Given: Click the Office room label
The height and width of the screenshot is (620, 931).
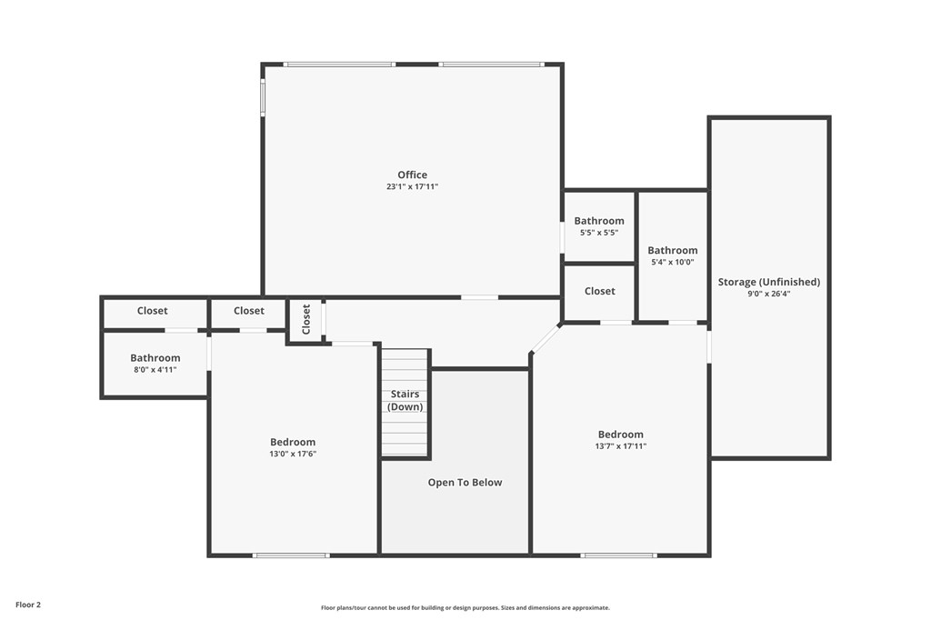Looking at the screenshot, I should pyautogui.click(x=412, y=175).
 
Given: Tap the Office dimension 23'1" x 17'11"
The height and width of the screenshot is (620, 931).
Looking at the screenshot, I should pyautogui.click(x=412, y=187).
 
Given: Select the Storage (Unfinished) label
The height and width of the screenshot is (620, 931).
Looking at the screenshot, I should pyautogui.click(x=768, y=282).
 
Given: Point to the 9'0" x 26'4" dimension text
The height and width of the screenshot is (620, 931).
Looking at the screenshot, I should pyautogui.click(x=768, y=294).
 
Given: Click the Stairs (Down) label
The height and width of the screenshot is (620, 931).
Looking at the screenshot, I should pyautogui.click(x=405, y=400).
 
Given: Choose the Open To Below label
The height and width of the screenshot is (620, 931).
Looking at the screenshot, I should pyautogui.click(x=465, y=483).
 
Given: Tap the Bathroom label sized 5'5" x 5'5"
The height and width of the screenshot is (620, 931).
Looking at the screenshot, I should pyautogui.click(x=599, y=221).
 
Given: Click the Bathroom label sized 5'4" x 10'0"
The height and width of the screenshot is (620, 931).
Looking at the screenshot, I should pyautogui.click(x=673, y=250).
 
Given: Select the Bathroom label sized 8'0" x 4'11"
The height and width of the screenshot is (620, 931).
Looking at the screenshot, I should pyautogui.click(x=155, y=358).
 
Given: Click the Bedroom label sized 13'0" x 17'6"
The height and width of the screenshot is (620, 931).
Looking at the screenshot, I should pyautogui.click(x=293, y=442).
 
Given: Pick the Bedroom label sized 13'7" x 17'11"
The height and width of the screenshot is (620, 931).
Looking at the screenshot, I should pyautogui.click(x=621, y=435).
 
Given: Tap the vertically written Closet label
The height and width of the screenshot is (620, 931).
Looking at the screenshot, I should pyautogui.click(x=306, y=319).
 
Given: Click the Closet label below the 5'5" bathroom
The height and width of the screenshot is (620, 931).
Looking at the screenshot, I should pyautogui.click(x=599, y=291).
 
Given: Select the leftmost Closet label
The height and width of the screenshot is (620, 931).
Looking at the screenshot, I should pyautogui.click(x=152, y=311).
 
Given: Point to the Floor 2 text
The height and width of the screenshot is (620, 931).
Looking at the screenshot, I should pyautogui.click(x=28, y=605).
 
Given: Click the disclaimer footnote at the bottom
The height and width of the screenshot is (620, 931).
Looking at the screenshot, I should pyautogui.click(x=465, y=607).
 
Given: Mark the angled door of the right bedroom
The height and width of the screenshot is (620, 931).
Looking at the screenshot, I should pyautogui.click(x=546, y=339).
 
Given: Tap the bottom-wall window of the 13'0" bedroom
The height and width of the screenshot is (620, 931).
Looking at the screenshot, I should pyautogui.click(x=291, y=555).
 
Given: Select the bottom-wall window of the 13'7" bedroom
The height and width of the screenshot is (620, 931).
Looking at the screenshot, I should pyautogui.click(x=618, y=555).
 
